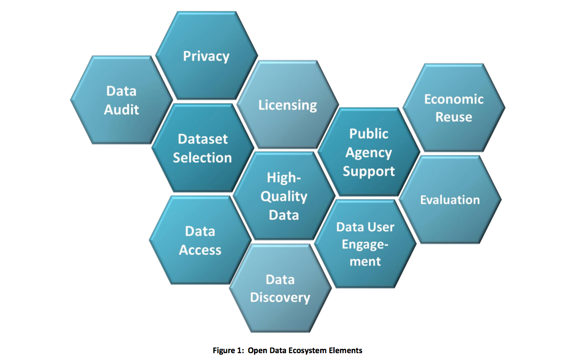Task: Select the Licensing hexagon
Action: point(287,105)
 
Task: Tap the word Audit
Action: point(121,109)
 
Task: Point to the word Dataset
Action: point(202,139)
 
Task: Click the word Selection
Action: point(202,158)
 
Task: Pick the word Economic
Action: point(454,99)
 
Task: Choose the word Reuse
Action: point(454,117)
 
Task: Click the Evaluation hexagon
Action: point(450,200)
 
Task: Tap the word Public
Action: point(368,134)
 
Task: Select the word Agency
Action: point(368,153)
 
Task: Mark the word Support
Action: point(368,171)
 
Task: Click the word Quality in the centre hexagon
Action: point(284,196)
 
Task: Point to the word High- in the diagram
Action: point(284,178)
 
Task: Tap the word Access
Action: point(200,250)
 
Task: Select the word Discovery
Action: point(280,298)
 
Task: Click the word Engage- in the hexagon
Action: point(365,245)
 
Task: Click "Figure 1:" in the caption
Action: point(228,350)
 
